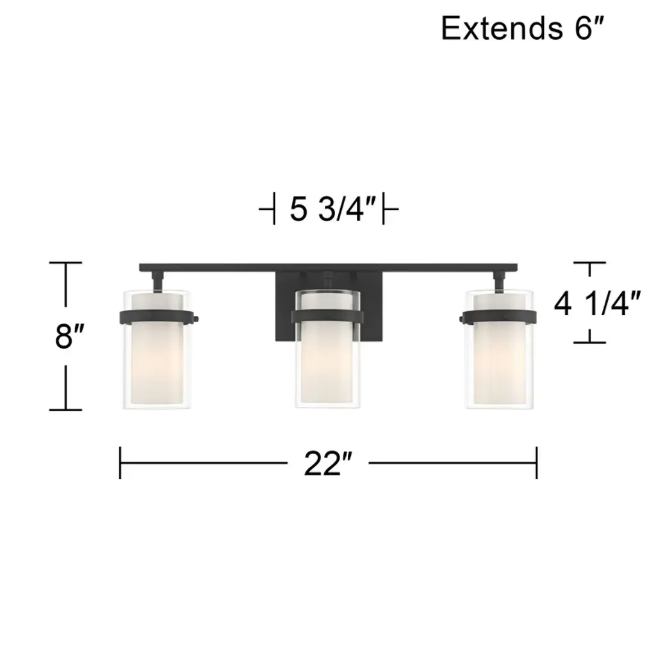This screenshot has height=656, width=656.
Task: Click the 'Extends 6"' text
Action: click(523, 28)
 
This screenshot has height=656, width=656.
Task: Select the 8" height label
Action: click(69, 336)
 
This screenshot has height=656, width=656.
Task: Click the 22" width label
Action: click(329, 464)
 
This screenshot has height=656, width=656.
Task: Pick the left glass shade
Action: click(157, 348)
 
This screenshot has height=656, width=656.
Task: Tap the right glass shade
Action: click(499, 348)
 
